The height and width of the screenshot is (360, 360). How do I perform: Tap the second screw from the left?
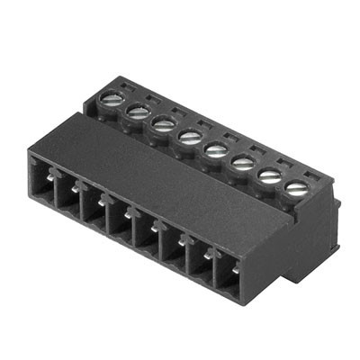coord(138,111)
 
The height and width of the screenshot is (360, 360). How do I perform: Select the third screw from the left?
coord(163,124)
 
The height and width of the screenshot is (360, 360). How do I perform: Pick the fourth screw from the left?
coord(190,137)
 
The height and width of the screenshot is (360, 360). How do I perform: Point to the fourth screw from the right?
coord(216,149)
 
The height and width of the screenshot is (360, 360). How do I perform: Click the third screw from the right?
coord(242,163)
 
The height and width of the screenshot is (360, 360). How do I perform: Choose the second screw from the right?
coord(269,175)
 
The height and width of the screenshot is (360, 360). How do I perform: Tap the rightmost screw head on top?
coord(295,188)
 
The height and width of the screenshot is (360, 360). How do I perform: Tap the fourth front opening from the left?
coord(121,222)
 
